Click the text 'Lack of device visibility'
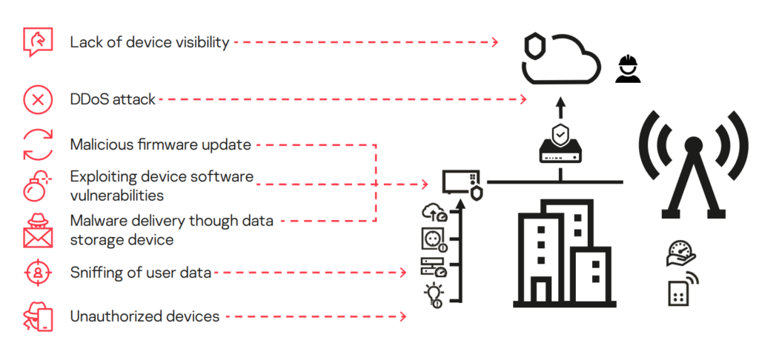point(149,42)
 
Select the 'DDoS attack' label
point(112,99)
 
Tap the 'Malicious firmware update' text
point(160,144)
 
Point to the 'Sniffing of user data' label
point(140,273)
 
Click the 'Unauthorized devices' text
point(145,316)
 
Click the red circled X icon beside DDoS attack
point(38,99)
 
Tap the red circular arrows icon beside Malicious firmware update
point(38,144)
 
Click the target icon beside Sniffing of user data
point(38,273)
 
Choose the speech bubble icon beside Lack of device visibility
point(38,42)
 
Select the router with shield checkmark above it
point(560,146)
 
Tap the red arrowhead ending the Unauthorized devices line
point(403,316)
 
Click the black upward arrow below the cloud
point(560,107)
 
